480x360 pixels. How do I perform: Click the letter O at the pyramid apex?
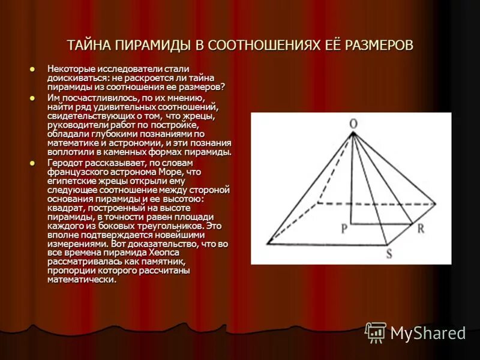353,124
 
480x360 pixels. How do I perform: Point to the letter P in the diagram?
344,228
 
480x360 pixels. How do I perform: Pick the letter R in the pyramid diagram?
421,228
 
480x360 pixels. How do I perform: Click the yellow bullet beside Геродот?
33,162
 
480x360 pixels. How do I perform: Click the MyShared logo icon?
376,332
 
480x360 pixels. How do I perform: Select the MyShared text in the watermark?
428,333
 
